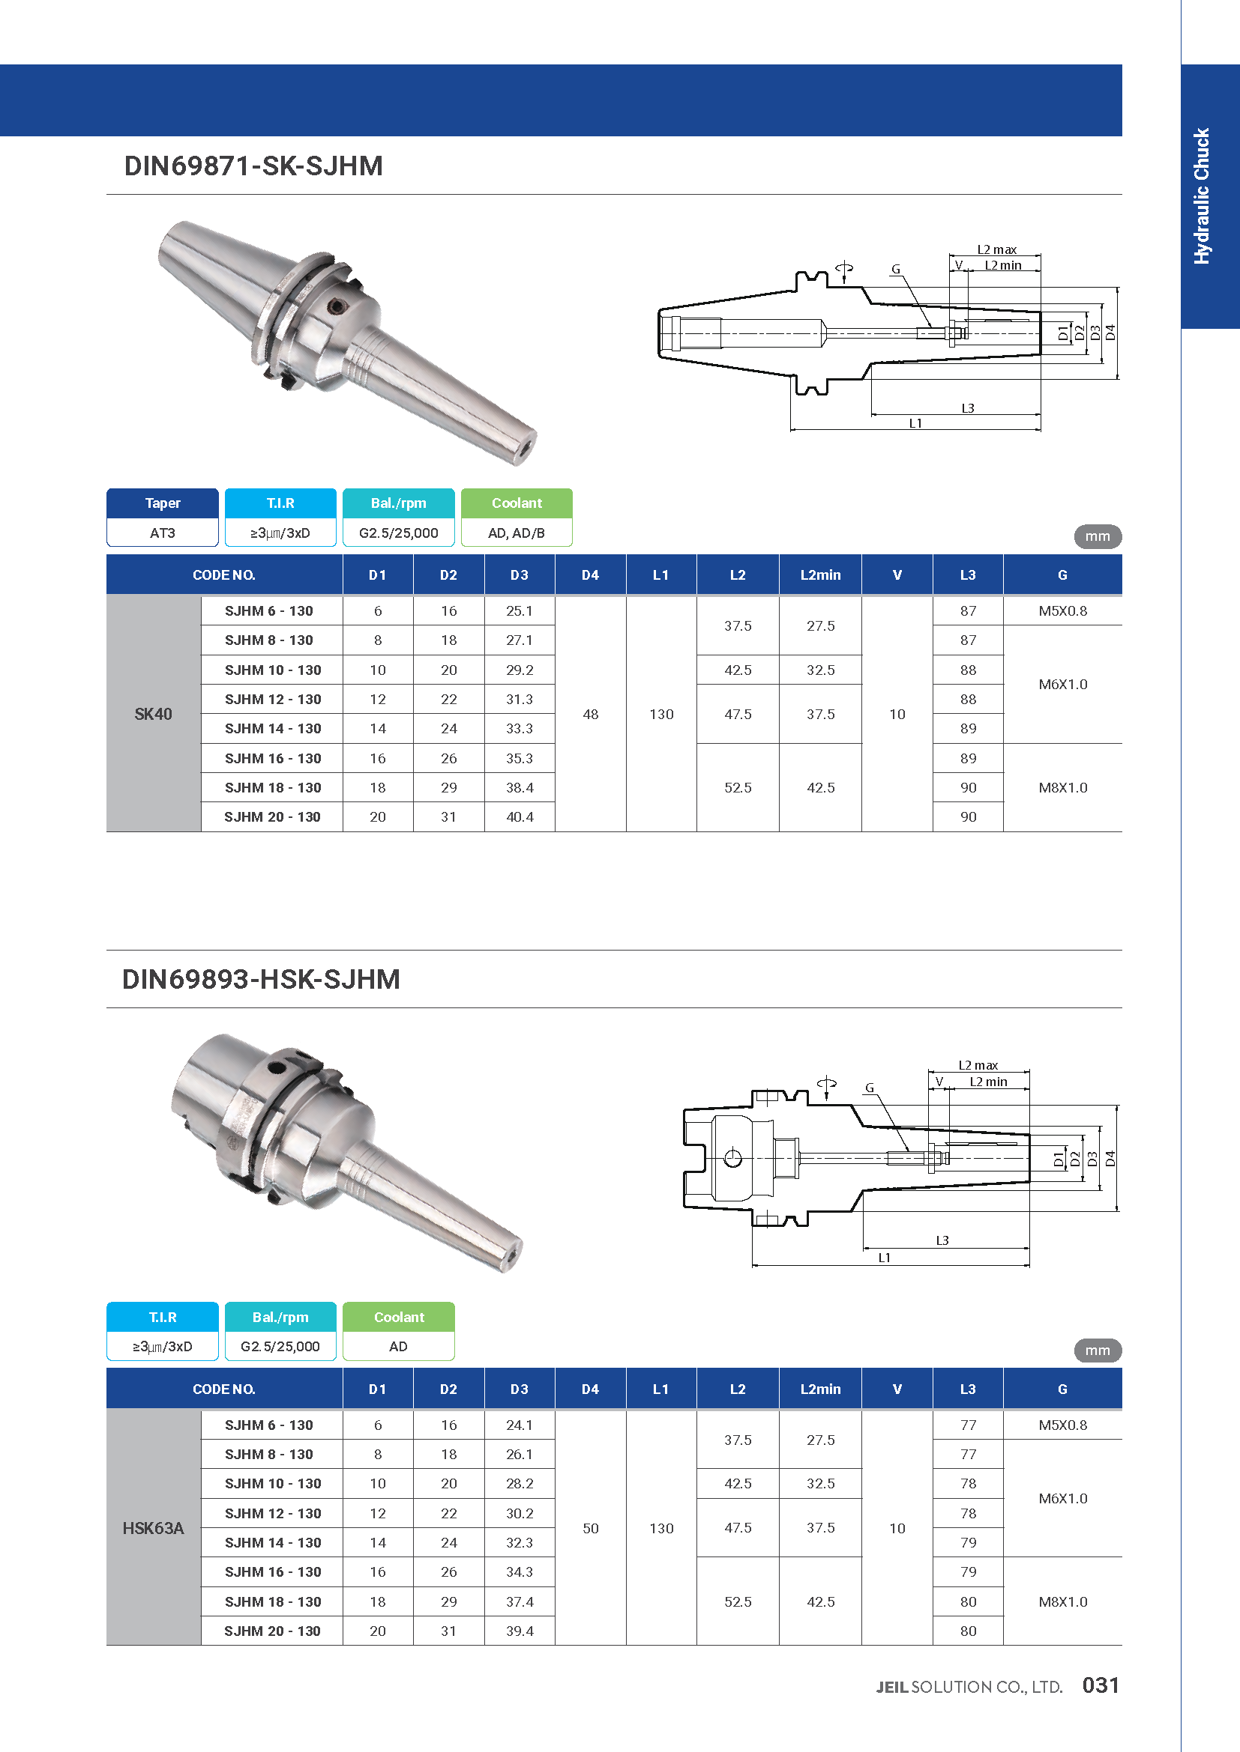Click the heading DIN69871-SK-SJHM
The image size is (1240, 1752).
pyautogui.click(x=253, y=166)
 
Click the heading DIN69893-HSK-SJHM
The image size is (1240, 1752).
pyautogui.click(x=261, y=979)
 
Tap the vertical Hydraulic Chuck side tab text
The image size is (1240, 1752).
pyautogui.click(x=1202, y=196)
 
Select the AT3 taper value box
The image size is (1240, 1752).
pyautogui.click(x=163, y=533)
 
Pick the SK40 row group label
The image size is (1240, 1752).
pyautogui.click(x=154, y=715)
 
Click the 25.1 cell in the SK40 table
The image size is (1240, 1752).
pyautogui.click(x=520, y=611)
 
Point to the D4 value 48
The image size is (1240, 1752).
pyautogui.click(x=590, y=715)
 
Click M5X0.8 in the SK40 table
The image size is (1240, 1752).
pyautogui.click(x=1062, y=611)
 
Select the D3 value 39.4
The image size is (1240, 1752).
pyautogui.click(x=520, y=1631)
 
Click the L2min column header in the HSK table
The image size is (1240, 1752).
pyautogui.click(x=820, y=1389)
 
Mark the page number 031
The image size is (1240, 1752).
pyautogui.click(x=1101, y=1685)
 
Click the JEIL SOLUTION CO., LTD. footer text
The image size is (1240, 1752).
pyautogui.click(x=969, y=1687)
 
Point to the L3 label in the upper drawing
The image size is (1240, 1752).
pyautogui.click(x=967, y=408)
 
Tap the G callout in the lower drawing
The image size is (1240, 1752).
pyautogui.click(x=869, y=1088)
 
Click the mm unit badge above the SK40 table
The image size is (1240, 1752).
pyautogui.click(x=1098, y=536)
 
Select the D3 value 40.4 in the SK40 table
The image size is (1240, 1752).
pyautogui.click(x=520, y=816)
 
